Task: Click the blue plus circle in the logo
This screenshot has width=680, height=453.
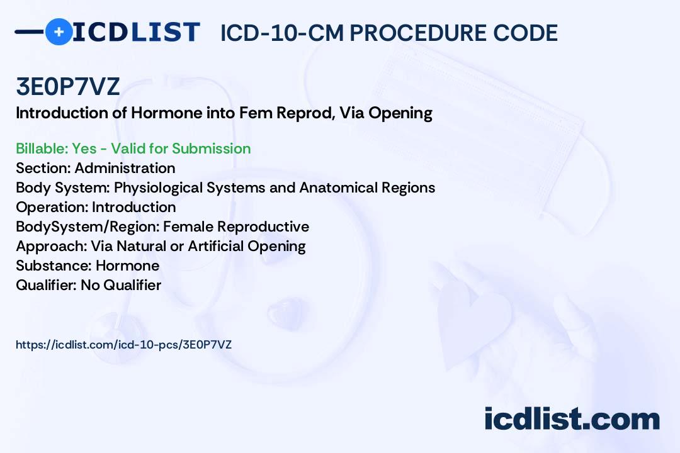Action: tap(59, 31)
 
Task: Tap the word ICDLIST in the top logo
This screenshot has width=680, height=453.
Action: tap(136, 32)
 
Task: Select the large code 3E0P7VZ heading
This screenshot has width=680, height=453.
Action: tap(67, 86)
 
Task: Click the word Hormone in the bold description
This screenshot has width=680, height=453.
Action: tap(166, 113)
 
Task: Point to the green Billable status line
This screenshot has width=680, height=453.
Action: tap(133, 148)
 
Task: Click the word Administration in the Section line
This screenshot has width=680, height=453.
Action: tap(125, 168)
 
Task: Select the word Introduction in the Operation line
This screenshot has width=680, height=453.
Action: tap(134, 207)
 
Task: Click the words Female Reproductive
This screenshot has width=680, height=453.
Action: tap(236, 226)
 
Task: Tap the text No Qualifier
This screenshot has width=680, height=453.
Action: tap(121, 285)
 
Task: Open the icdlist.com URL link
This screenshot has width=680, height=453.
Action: tap(123, 345)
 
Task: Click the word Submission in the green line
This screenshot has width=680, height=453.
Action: tap(211, 148)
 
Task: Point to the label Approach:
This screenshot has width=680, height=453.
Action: tap(52, 246)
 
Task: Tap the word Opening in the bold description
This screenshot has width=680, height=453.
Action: tap(400, 113)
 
